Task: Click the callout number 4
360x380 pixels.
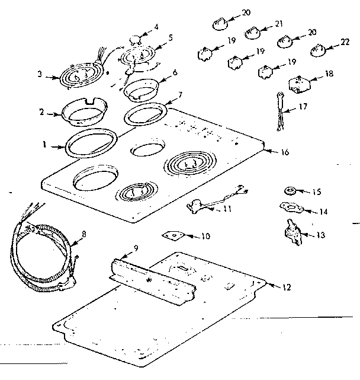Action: (x=156, y=27)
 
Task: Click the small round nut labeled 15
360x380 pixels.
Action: (x=290, y=191)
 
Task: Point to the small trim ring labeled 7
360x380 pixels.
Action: (x=144, y=113)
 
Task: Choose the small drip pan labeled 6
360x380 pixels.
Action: (x=141, y=88)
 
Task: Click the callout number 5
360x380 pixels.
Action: (x=171, y=37)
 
